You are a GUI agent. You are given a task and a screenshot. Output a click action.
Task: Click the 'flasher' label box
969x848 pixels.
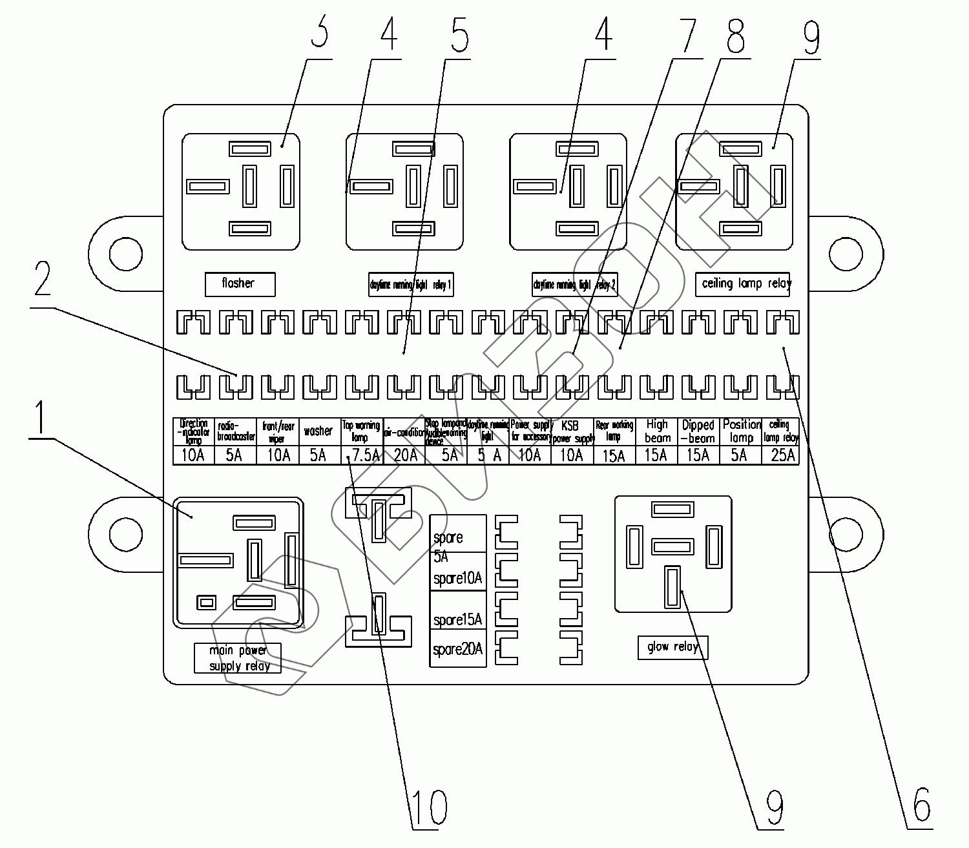coord(240,284)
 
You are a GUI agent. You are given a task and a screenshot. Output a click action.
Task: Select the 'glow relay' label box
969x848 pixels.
coord(672,647)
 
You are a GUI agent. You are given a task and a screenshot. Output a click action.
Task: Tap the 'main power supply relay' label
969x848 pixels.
coord(238,658)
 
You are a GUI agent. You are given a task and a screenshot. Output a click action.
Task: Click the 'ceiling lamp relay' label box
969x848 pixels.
coord(742,284)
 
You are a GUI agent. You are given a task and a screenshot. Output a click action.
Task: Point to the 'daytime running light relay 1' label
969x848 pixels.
coord(411,284)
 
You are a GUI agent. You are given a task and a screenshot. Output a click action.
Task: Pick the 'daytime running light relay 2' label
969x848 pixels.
coord(575,285)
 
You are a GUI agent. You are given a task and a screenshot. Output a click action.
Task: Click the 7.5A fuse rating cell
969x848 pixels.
coord(362,455)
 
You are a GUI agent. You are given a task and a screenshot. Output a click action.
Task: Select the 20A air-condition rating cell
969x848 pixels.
coord(405,455)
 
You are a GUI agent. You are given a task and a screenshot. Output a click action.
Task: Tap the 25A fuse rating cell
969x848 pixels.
coord(782,455)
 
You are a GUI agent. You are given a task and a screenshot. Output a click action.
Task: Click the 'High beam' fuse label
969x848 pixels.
coord(657,431)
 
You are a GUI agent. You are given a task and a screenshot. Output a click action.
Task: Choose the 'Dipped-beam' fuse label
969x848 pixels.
coord(698,431)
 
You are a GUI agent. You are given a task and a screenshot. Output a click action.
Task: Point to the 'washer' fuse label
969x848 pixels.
coord(318,431)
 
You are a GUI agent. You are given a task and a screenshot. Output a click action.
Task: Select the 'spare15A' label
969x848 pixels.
coord(458,620)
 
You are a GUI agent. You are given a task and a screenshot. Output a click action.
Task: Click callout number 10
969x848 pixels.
coord(428,807)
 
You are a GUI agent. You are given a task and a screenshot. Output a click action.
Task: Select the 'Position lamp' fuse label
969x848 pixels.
coord(741,431)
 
